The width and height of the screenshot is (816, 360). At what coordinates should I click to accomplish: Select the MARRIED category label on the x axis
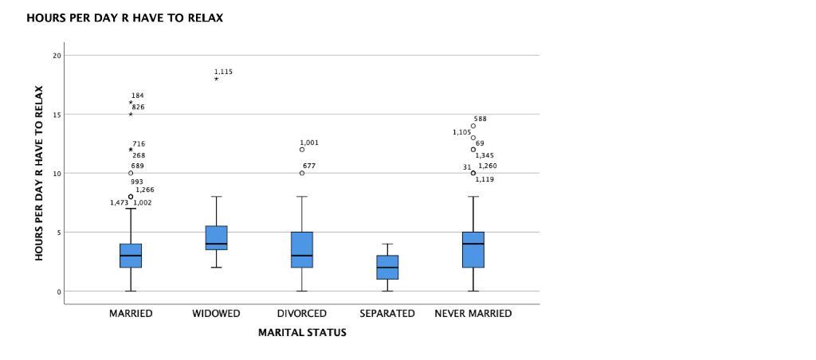coord(131,314)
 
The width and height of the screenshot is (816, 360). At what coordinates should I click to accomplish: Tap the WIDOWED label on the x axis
coord(216,314)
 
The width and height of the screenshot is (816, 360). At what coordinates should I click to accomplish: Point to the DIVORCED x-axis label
coord(302,314)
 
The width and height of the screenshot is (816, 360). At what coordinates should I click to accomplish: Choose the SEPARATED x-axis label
coord(387,314)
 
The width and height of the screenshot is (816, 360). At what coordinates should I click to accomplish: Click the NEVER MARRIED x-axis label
coord(473,314)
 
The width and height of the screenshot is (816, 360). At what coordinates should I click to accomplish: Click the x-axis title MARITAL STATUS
coord(302,333)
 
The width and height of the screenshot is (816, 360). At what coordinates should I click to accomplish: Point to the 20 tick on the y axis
coord(57,56)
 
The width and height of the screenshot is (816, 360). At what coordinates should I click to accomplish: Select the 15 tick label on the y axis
coord(57,115)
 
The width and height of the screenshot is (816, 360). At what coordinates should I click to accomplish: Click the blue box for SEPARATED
coord(387,268)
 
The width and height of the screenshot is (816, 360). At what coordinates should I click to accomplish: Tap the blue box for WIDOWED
coord(216,237)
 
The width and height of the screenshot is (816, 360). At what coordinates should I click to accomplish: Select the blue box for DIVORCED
coord(302,250)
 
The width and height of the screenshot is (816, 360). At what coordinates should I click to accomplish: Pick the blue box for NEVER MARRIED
coord(473,250)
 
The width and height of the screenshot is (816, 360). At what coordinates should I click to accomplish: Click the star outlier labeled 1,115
coord(216,79)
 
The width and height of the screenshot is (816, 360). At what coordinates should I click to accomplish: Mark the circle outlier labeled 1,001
coord(302,150)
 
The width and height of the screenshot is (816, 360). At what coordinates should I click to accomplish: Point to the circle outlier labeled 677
coord(302,173)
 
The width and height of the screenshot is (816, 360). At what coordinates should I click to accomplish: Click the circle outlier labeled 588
coord(473,126)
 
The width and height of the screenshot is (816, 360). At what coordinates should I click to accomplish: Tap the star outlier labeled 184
coord(131,102)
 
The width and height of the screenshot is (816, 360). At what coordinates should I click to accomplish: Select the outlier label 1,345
coord(484,155)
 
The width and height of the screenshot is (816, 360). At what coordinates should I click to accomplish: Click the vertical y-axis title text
coord(38,173)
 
